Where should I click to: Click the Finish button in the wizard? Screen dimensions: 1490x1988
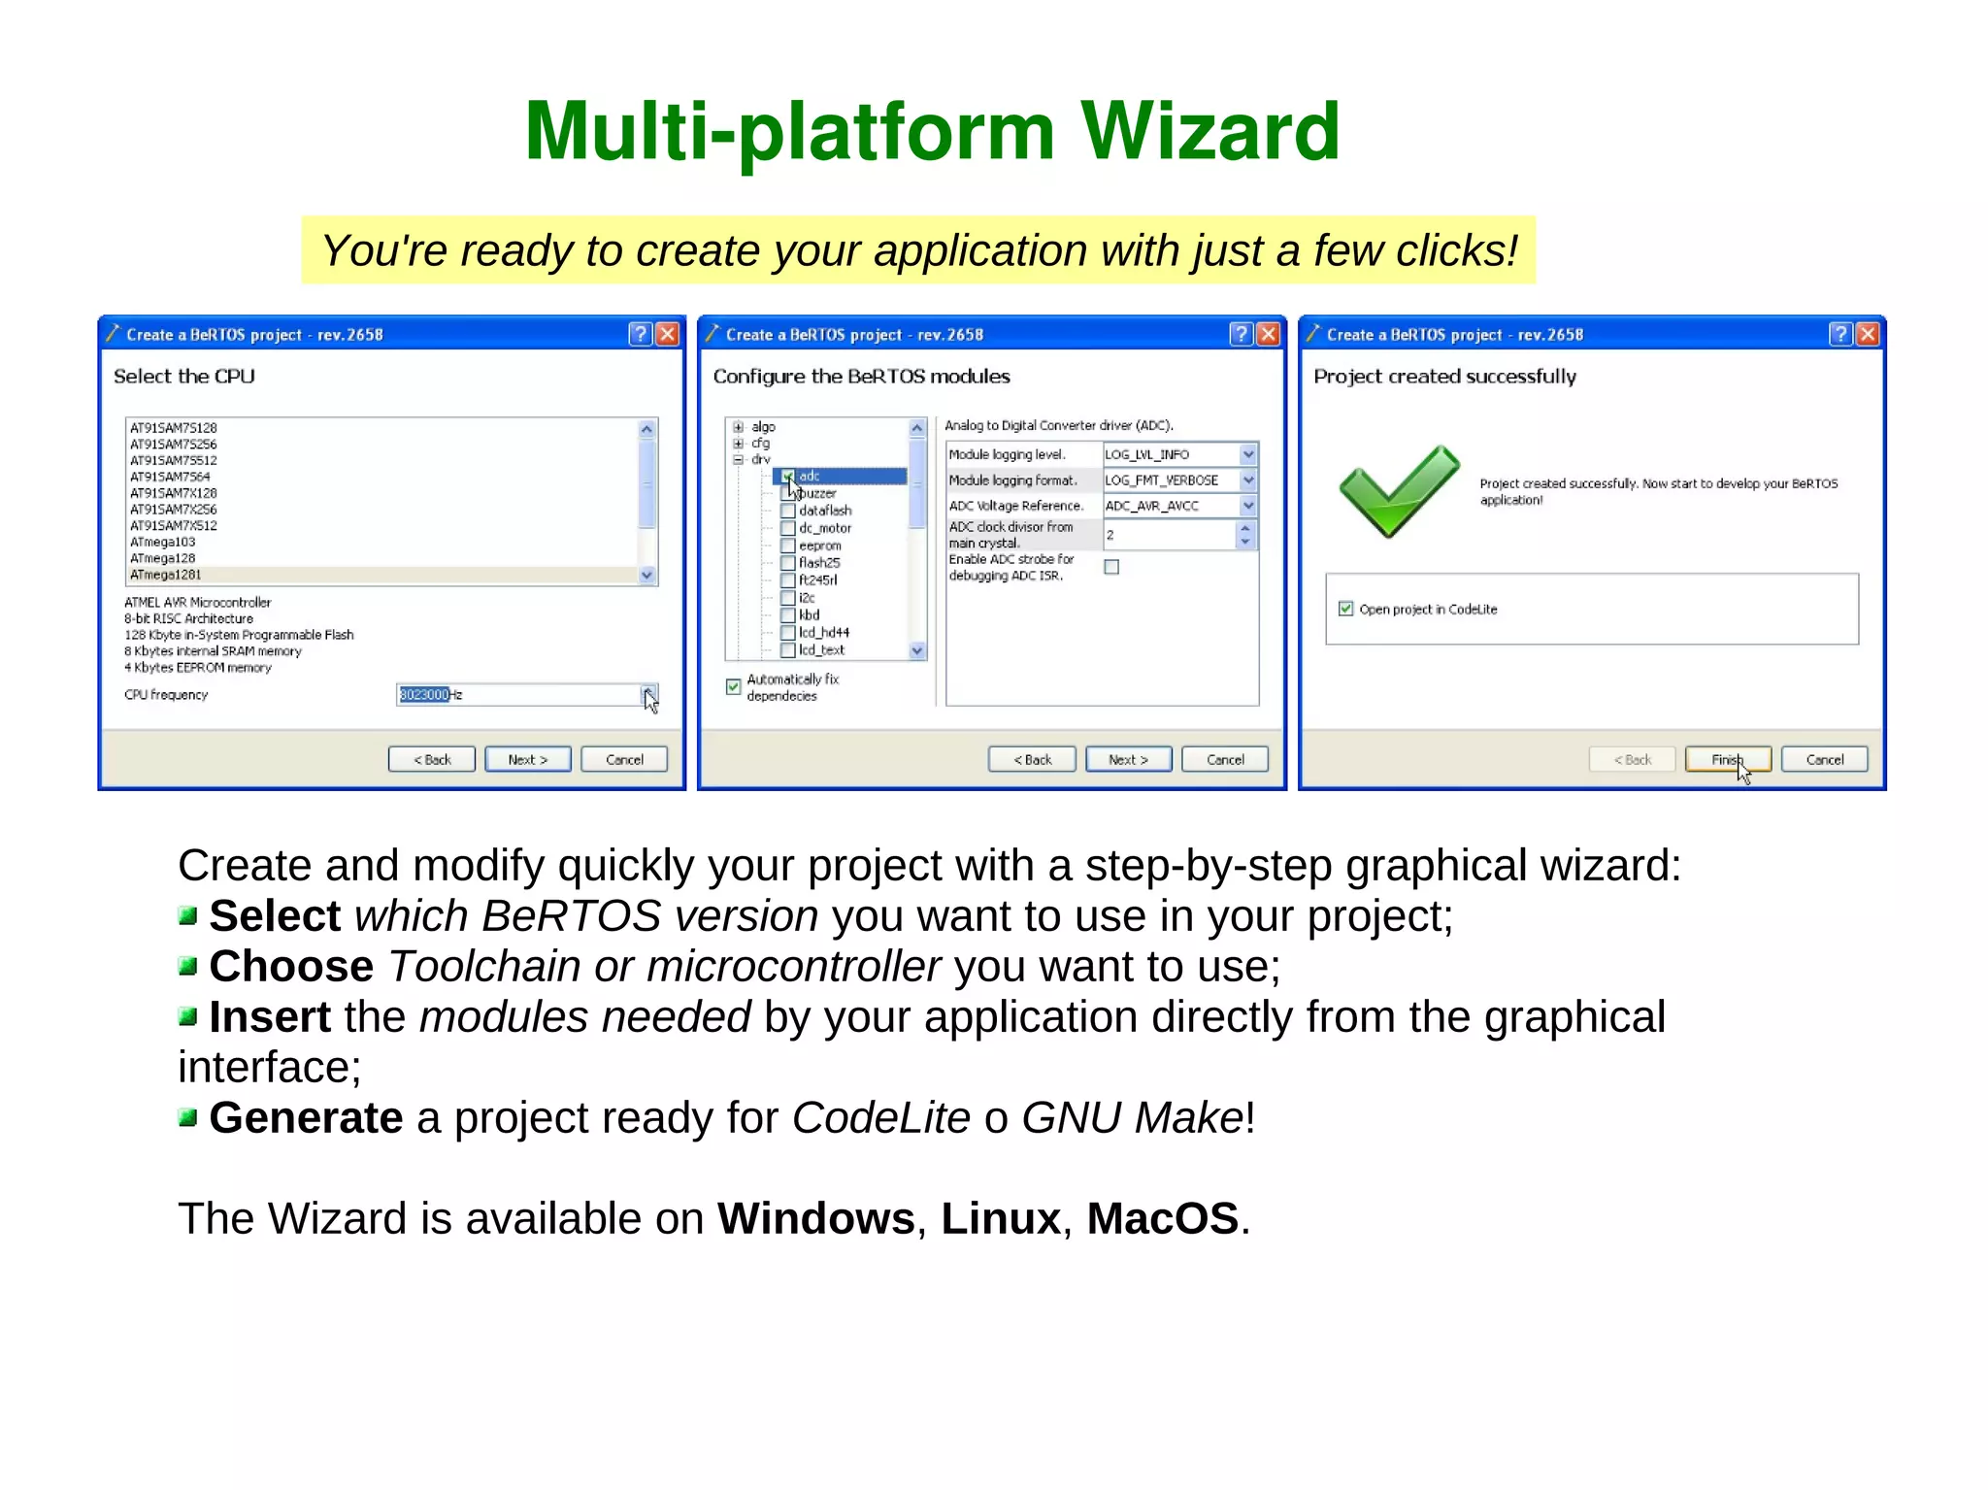[1727, 760]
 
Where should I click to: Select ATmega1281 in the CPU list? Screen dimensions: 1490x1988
[166, 575]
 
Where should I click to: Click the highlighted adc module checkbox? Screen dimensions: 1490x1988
[788, 477]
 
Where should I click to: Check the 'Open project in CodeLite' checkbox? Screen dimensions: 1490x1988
[1345, 609]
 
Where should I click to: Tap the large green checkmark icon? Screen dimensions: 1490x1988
[1399, 491]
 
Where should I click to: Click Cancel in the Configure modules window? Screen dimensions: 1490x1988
[1224, 760]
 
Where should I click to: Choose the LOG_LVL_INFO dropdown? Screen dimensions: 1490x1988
[1178, 454]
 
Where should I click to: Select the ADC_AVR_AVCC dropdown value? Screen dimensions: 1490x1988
[1178, 506]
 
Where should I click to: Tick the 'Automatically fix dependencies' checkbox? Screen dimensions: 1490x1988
[734, 686]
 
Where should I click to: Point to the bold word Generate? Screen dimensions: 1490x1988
[306, 1117]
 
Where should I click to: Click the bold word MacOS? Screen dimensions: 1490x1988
[1162, 1218]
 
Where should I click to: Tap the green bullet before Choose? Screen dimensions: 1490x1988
[188, 966]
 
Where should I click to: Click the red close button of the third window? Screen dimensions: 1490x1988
[1867, 335]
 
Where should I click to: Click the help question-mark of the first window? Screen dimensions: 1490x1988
[640, 335]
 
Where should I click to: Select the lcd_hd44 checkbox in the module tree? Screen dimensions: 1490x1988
[788, 633]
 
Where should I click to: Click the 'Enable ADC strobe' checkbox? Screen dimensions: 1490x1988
[1111, 567]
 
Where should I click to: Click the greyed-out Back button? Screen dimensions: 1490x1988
[1632, 760]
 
